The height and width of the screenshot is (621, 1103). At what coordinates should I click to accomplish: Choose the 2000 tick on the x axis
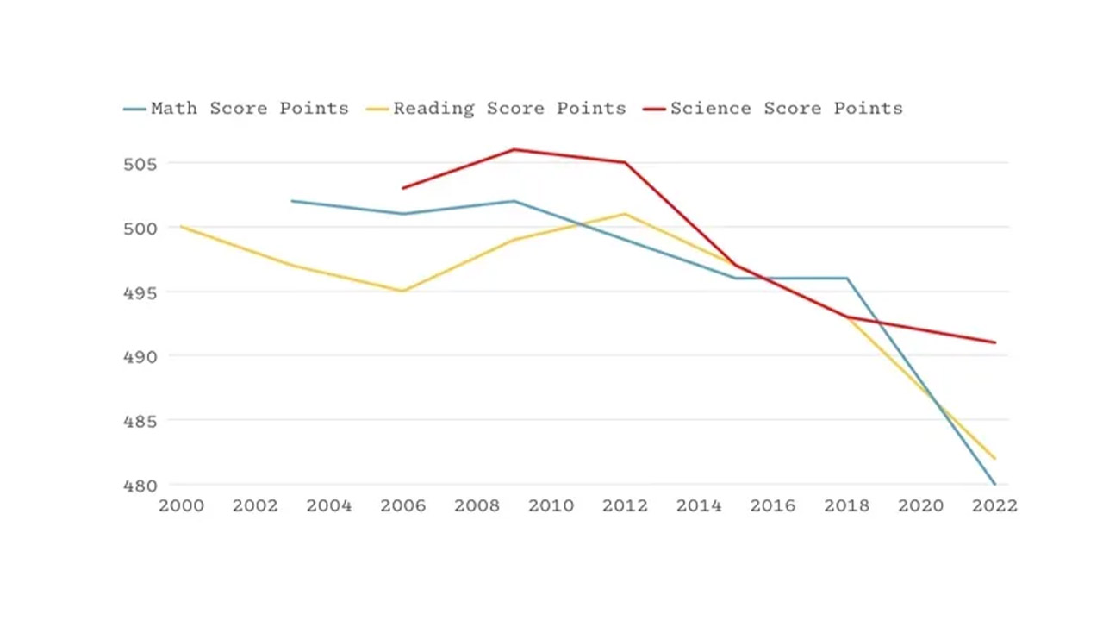click(181, 506)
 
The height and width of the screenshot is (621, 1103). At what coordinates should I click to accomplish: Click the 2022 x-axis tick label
click(994, 506)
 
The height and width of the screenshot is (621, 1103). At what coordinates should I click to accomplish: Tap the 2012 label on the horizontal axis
click(625, 506)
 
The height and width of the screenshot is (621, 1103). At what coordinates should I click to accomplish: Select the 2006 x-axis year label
click(403, 506)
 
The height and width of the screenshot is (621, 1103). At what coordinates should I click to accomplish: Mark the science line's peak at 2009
click(514, 149)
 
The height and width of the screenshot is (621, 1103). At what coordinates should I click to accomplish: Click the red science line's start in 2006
click(403, 188)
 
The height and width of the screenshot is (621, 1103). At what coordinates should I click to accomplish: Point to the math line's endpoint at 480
click(994, 484)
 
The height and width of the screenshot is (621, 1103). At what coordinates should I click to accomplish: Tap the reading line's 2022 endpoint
click(994, 458)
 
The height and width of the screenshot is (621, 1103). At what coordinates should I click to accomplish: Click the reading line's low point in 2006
click(403, 291)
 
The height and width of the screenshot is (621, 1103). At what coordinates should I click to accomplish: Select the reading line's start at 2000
click(181, 227)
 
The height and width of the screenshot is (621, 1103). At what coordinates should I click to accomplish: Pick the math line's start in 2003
click(292, 201)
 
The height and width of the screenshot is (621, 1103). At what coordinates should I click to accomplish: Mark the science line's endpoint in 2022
click(994, 342)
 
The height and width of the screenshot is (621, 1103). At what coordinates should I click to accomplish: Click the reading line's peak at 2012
click(625, 214)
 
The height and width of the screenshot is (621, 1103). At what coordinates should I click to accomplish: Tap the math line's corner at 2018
click(847, 278)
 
